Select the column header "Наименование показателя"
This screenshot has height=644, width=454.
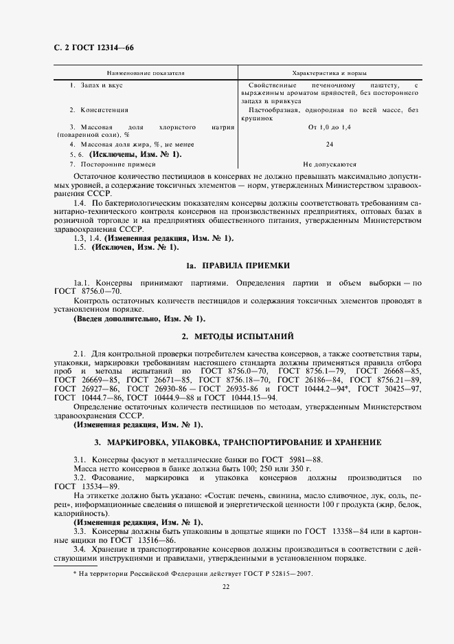click(146, 73)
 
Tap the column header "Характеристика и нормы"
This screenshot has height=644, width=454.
click(329, 73)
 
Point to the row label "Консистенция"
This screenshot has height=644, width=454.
click(104, 110)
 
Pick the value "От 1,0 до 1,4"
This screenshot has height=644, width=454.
click(330, 128)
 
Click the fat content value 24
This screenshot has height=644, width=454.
click(330, 144)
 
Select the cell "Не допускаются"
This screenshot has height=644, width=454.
click(330, 165)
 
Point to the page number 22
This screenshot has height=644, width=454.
click(226, 587)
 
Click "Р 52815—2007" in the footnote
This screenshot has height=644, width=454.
click(289, 573)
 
